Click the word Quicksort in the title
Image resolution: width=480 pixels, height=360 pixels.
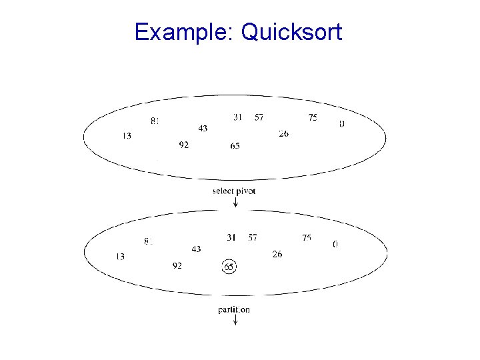pos(291,32)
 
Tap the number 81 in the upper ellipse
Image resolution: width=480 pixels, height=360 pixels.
pos(155,121)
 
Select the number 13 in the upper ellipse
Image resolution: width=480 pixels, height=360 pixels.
pos(126,136)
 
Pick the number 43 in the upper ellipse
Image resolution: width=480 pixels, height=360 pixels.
pos(202,128)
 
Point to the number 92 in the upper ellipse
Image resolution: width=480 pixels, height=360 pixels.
pos(183,145)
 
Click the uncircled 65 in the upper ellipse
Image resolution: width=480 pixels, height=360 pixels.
pos(235,146)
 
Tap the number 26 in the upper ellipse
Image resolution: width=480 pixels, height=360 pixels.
pos(283,134)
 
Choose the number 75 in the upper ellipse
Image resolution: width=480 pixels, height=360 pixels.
pos(313,118)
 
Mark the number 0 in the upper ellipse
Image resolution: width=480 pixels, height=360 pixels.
pos(342,124)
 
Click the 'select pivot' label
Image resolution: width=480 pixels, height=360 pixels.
pos(234,191)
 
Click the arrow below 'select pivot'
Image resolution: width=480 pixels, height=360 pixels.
pos(235,202)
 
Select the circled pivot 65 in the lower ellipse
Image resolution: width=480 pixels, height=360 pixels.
pos(229,267)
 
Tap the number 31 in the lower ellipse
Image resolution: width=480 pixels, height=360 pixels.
pos(231,237)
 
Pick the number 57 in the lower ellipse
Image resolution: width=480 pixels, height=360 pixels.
pos(253,237)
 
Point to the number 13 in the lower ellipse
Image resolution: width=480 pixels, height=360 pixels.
pos(120,257)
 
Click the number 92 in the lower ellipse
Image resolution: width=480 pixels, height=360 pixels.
pos(177,266)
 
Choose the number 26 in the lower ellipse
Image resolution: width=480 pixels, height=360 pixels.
pos(277,254)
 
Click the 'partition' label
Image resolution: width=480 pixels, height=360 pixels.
pos(234,309)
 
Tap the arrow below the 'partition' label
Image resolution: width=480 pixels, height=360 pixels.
pos(235,320)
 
